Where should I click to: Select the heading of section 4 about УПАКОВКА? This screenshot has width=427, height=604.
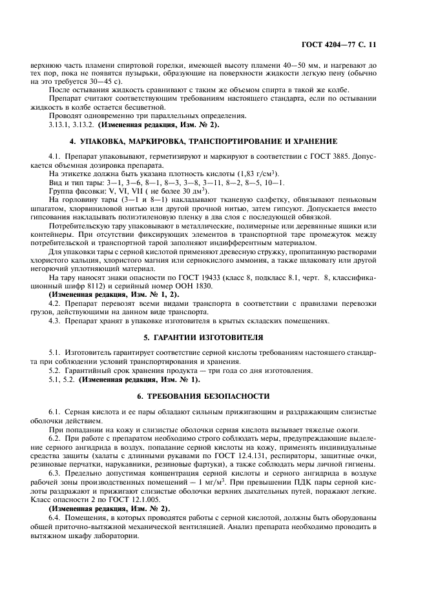pos(213,141)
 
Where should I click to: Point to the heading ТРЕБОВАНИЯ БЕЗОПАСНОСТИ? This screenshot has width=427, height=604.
pos(213,395)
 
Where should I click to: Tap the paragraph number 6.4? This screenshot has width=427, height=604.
pos(55,518)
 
